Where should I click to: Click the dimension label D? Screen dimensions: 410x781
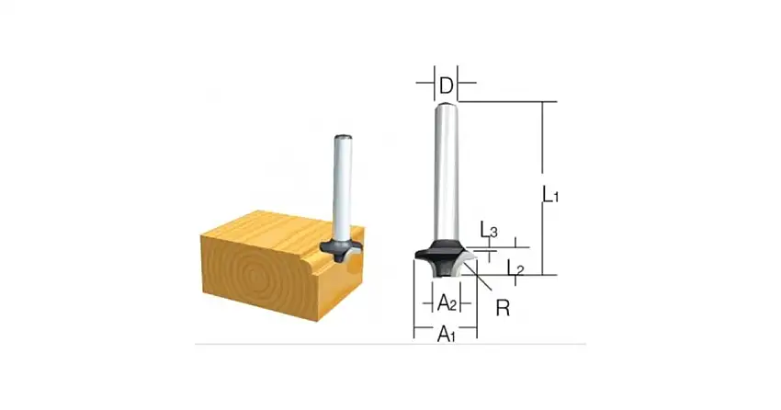446,86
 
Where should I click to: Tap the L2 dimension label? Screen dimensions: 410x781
515,268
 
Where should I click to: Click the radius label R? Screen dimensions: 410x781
503,308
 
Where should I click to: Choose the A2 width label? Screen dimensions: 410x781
446,302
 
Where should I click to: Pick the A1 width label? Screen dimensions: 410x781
446,335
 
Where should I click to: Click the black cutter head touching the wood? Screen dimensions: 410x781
342,251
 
